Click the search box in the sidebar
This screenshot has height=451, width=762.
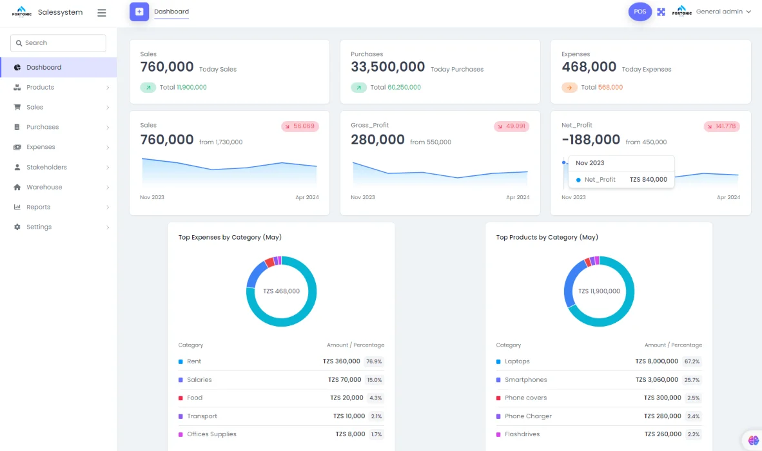click(58, 43)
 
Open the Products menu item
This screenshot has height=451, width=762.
click(40, 88)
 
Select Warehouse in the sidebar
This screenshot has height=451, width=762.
click(44, 187)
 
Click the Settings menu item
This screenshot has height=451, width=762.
click(39, 227)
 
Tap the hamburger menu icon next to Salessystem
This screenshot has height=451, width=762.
click(101, 13)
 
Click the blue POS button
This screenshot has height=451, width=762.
click(640, 12)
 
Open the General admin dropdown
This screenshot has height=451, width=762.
click(723, 12)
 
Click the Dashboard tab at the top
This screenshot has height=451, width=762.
click(171, 12)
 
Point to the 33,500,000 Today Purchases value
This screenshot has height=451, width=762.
click(387, 67)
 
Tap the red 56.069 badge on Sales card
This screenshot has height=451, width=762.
click(300, 126)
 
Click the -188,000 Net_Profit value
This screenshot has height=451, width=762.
click(591, 140)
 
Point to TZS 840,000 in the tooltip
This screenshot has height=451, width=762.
click(648, 180)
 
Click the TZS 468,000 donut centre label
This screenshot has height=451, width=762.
click(281, 291)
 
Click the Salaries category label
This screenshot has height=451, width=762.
click(199, 380)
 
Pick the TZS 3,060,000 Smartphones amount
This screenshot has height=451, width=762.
click(656, 380)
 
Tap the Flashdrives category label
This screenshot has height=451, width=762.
click(522, 434)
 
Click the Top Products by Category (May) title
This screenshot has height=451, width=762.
click(547, 238)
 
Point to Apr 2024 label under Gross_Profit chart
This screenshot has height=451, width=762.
click(518, 197)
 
